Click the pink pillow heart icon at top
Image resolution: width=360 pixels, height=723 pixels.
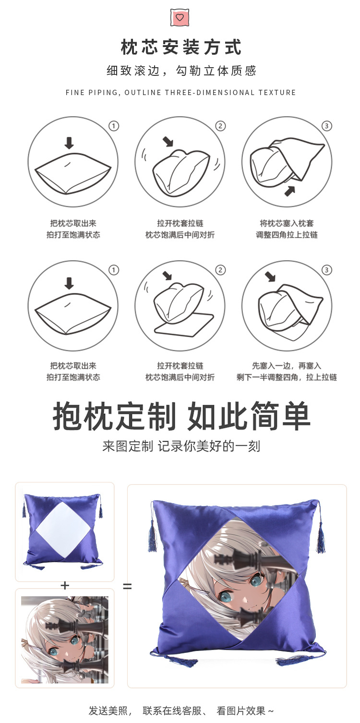point(180,17)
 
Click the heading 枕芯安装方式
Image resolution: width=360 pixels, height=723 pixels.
point(180,48)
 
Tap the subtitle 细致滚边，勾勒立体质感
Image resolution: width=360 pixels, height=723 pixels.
point(181,71)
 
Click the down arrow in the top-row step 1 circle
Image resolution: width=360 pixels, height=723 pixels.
point(70,143)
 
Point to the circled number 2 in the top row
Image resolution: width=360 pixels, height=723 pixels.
point(220,126)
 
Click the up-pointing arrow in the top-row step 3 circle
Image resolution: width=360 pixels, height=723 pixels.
point(289,191)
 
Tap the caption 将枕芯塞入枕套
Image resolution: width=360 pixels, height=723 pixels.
point(287,223)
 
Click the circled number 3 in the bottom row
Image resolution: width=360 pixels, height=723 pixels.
point(327,270)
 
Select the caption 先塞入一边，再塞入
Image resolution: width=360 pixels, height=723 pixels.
point(287,366)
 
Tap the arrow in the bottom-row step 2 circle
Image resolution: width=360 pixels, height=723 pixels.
point(168,276)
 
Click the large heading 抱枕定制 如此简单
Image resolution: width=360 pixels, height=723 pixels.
point(181,416)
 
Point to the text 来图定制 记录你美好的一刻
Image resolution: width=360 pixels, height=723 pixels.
point(181,446)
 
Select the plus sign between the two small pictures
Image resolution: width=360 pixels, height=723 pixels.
point(65,585)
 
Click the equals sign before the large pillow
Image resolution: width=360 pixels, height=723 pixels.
point(127,586)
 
